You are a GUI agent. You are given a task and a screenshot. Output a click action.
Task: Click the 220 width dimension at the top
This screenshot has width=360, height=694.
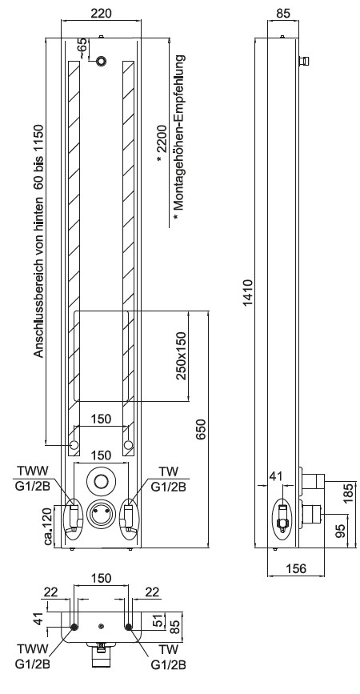101,14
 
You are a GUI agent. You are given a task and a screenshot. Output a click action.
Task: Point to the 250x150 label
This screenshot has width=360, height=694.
181,356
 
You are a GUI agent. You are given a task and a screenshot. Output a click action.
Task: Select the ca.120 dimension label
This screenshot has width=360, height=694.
48,526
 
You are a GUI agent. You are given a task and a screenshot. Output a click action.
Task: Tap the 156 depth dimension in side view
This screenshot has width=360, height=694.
296,568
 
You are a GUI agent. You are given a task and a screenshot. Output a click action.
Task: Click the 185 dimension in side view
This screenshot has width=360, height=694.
350,491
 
